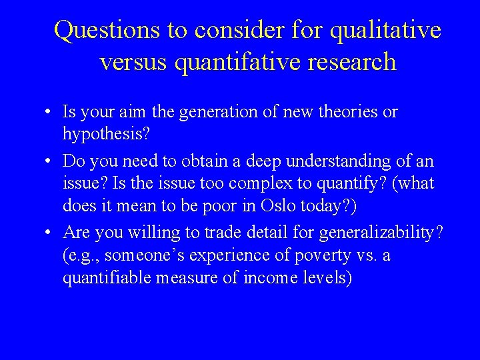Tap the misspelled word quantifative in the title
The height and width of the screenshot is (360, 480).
point(225,62)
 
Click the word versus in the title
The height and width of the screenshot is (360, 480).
point(133,62)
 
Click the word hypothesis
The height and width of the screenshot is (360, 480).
point(107,135)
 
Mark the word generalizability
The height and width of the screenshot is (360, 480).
point(383,233)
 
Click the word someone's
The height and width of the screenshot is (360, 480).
point(141,256)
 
